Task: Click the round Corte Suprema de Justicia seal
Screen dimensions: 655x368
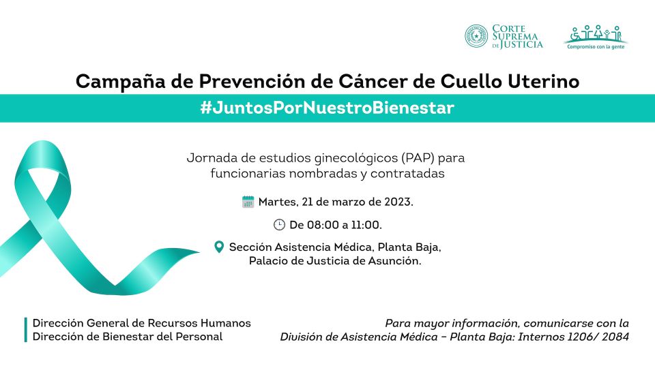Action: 476,36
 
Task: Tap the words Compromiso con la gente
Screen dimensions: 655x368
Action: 596,47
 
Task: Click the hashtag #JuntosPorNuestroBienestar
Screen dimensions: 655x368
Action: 327,108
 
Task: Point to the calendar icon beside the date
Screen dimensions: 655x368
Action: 248,202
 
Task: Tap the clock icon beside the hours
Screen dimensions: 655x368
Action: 279,225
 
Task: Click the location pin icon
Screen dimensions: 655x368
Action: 219,247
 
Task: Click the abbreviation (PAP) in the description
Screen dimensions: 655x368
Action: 418,158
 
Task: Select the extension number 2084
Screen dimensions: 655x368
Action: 615,337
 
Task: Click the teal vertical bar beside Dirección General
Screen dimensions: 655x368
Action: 25,330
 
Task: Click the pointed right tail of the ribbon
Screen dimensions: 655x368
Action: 199,251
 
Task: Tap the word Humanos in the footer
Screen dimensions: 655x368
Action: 226,323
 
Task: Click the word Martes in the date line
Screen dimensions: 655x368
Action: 277,202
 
